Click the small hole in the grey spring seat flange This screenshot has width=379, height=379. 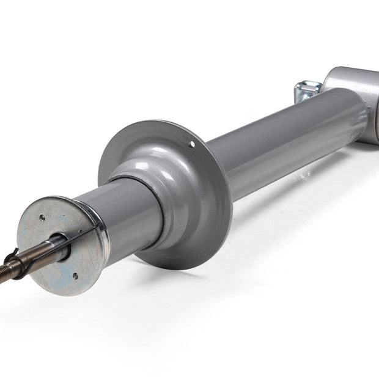click(x=192, y=145)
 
